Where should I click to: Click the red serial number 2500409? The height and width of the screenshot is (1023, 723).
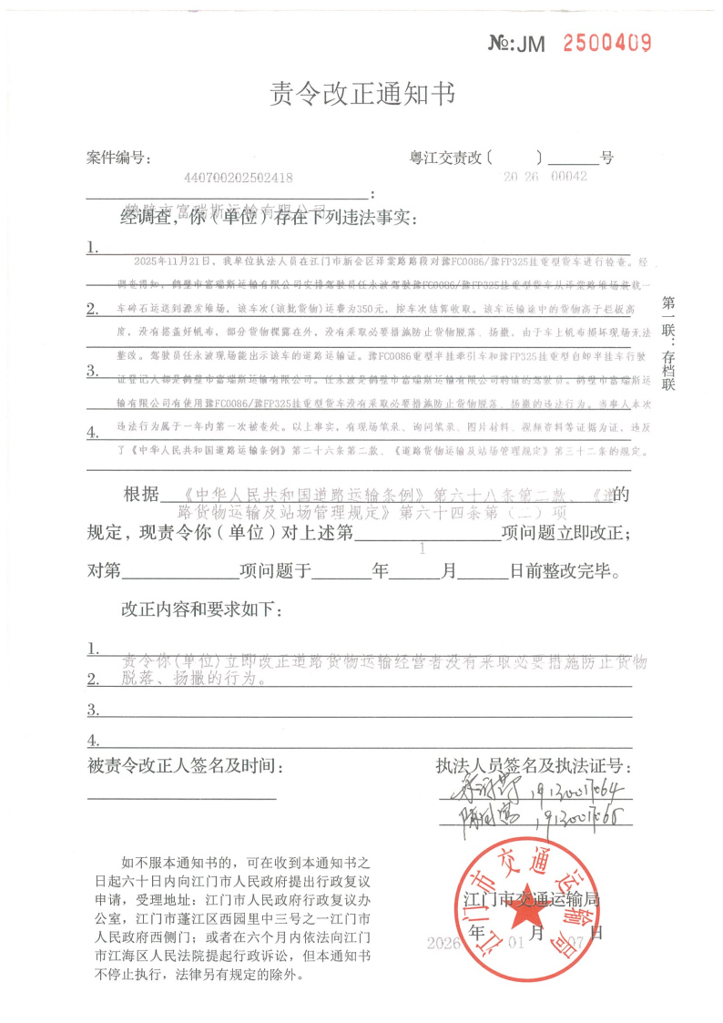pyautogui.click(x=607, y=42)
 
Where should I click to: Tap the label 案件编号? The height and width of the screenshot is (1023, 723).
pyautogui.click(x=117, y=158)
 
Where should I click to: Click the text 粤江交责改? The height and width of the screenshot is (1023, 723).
pyautogui.click(x=445, y=158)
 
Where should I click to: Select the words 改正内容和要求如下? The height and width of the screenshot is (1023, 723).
pyautogui.click(x=201, y=608)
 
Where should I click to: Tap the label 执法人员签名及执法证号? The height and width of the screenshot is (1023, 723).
pyautogui.click(x=534, y=766)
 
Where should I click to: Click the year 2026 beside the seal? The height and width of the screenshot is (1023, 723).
pyautogui.click(x=445, y=943)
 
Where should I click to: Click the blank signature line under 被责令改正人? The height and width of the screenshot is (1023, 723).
pyautogui.click(x=181, y=799)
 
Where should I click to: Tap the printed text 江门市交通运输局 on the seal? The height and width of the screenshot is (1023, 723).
pyautogui.click(x=531, y=900)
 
